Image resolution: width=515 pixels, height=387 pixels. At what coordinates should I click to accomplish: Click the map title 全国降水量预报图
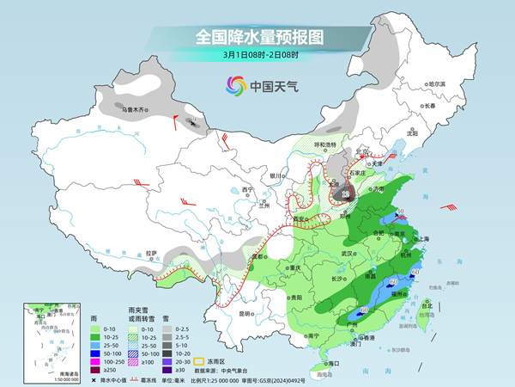tap(257, 37)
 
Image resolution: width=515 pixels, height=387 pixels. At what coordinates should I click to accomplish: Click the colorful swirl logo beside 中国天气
tap(234, 86)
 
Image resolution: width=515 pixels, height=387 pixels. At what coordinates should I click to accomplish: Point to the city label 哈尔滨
tap(437, 83)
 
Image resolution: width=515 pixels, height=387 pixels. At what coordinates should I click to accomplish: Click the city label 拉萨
tap(151, 253)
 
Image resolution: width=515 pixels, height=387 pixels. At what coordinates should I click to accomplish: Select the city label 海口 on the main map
tap(333, 364)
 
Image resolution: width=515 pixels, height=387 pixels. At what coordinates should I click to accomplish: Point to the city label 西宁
tap(249, 189)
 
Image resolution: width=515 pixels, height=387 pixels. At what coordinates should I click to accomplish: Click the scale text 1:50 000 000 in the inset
tap(39, 379)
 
